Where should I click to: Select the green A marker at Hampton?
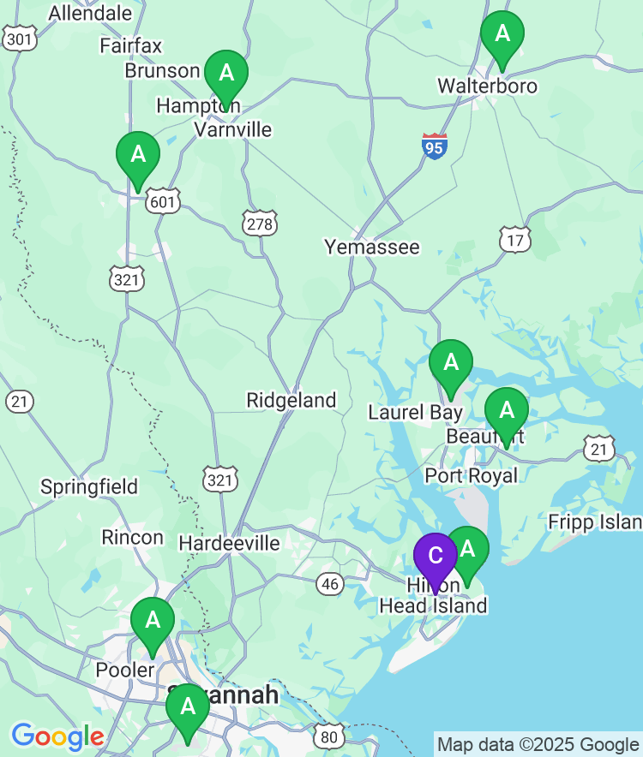(x=225, y=73)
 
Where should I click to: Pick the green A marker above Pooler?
(x=153, y=620)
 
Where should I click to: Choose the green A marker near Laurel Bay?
(x=450, y=363)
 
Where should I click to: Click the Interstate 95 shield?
(x=435, y=146)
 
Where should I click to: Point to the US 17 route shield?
(x=514, y=241)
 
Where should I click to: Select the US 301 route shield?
(x=19, y=38)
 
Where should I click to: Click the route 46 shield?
(x=330, y=584)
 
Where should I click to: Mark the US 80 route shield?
(x=329, y=736)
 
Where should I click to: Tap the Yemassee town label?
(x=372, y=247)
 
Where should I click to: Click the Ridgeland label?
(x=291, y=400)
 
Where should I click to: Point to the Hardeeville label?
(x=229, y=543)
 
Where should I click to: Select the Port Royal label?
(x=472, y=475)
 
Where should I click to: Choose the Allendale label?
(x=91, y=13)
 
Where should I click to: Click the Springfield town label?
(x=89, y=487)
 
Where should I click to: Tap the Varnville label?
(x=233, y=129)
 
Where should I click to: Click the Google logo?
(x=57, y=736)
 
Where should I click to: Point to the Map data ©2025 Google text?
(x=538, y=744)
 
